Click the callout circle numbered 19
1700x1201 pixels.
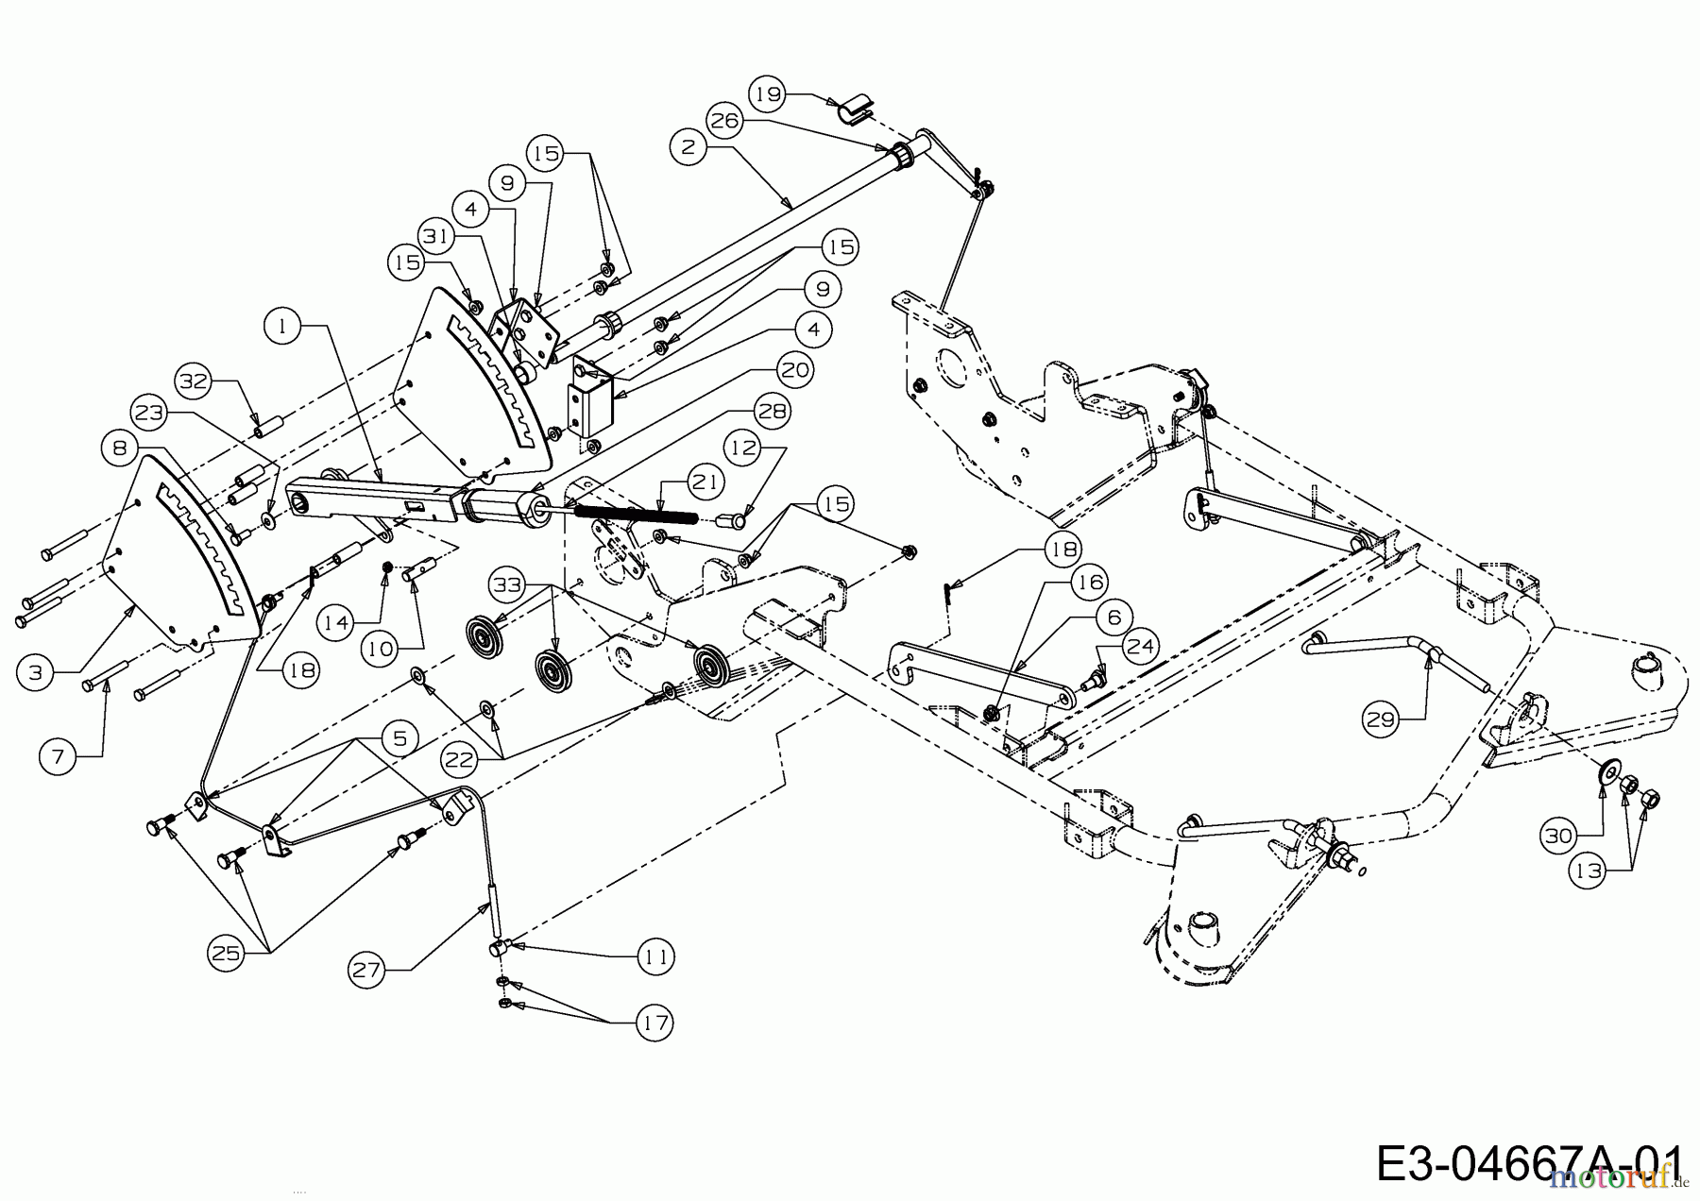tap(769, 93)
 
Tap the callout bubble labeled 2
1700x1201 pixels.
tap(688, 147)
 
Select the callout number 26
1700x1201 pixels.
tap(724, 120)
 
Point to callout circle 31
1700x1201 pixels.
tap(437, 236)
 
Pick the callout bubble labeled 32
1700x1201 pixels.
tap(194, 381)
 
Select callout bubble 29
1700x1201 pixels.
tap(1381, 720)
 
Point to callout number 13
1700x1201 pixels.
tap(1589, 871)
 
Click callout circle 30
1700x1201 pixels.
tap(1557, 835)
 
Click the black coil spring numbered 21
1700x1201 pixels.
tap(635, 513)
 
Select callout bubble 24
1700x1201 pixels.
tap(1141, 647)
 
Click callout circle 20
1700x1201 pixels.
tap(795, 370)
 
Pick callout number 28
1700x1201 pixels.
tap(772, 411)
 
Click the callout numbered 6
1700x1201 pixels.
tap(1114, 617)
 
